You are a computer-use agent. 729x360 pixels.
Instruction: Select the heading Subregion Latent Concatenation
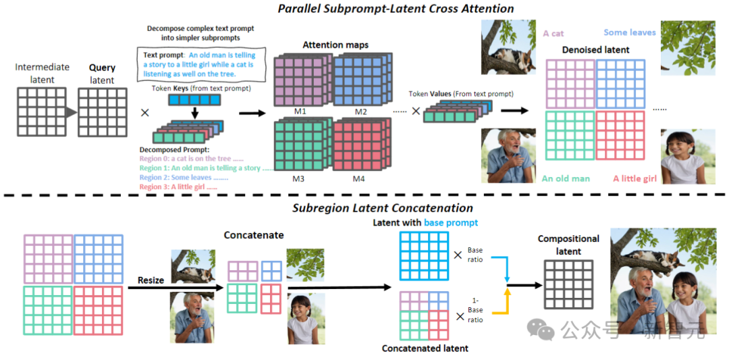point(382,208)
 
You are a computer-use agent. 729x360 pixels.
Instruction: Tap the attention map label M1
point(299,111)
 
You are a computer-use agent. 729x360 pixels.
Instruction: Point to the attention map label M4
point(358,179)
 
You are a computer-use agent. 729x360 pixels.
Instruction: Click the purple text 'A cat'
point(553,33)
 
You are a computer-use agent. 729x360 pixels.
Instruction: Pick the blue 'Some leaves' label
point(629,32)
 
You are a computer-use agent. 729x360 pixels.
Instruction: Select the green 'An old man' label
point(566,179)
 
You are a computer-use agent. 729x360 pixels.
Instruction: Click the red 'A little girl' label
point(634,179)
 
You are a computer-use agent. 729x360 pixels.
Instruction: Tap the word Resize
point(151,280)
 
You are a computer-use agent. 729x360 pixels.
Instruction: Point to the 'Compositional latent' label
point(568,244)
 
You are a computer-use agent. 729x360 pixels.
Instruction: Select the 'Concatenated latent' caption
point(425,349)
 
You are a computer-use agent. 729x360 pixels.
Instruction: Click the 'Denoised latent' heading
point(595,50)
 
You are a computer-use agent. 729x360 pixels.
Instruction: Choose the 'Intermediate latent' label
point(42,74)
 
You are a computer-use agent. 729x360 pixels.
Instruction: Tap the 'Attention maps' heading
point(335,45)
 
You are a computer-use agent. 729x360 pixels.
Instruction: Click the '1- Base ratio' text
point(475,313)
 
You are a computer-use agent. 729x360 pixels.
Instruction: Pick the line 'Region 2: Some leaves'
point(183,178)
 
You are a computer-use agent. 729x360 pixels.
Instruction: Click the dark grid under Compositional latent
point(568,284)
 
